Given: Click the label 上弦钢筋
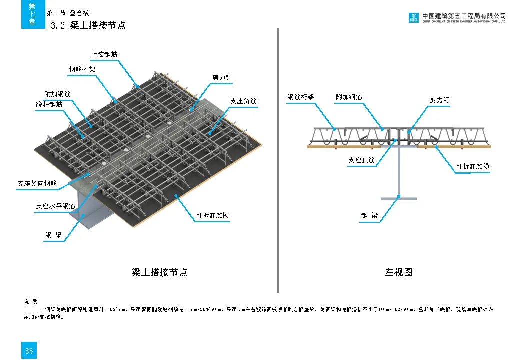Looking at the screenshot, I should point(104,55).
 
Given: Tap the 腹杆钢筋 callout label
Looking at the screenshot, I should point(49,105).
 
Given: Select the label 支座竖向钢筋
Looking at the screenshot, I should point(37,184).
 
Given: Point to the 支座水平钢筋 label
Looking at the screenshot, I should point(55,206).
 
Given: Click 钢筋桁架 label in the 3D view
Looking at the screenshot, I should point(82,70).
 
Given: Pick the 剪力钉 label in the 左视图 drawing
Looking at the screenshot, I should point(440,100).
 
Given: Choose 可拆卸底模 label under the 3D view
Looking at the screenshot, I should point(212,216).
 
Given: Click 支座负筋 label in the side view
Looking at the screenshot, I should point(361,160).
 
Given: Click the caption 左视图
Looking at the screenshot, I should point(398,272).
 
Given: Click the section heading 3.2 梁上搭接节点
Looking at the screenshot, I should point(88,25).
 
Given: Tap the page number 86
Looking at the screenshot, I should point(29,351).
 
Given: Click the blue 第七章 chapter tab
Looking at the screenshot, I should point(32,14).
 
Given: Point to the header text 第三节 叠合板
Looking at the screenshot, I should point(68,13).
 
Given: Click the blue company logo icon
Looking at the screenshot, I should point(413,18).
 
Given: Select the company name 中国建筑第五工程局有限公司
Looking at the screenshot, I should point(464,16).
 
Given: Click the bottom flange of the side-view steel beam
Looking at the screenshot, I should point(398,199).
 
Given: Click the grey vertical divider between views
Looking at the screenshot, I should point(277,160).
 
